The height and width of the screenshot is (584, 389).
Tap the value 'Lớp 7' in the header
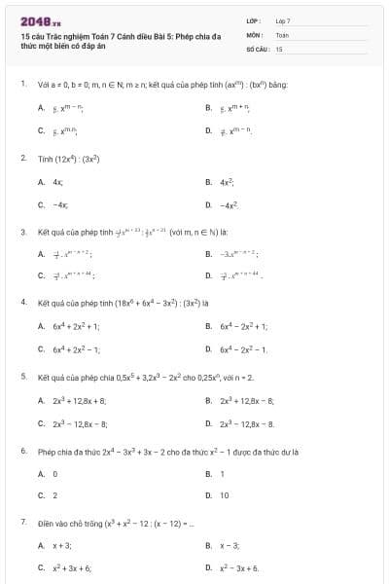coord(283,19)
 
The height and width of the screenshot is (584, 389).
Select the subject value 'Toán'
coord(282,34)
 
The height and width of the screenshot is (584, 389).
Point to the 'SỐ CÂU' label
coord(256,48)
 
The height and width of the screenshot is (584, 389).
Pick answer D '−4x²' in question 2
coord(230,205)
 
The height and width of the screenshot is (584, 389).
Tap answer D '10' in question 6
coord(225,495)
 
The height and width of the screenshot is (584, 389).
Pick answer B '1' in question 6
coord(223,473)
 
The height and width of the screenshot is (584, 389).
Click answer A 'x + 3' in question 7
coord(62,545)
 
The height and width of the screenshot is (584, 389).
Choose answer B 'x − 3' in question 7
coord(230,545)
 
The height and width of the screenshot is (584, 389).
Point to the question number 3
coord(22,232)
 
